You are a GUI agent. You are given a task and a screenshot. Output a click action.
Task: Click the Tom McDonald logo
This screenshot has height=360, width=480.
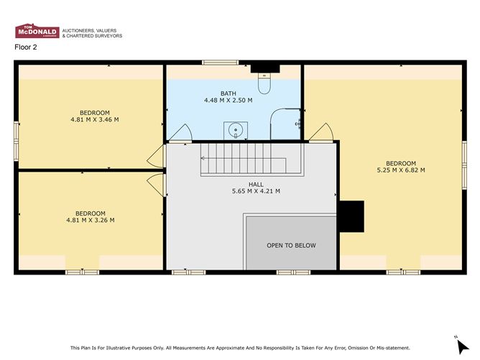click(x=37, y=31)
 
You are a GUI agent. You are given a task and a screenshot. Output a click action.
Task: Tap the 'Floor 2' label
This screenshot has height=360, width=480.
click(x=26, y=47)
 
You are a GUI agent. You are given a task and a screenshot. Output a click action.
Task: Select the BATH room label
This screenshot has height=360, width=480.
click(x=229, y=93)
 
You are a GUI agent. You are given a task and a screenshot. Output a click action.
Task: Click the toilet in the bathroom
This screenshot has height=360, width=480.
click(x=264, y=83)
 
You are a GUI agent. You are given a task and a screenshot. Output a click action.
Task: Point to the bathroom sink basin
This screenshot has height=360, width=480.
click(x=236, y=131)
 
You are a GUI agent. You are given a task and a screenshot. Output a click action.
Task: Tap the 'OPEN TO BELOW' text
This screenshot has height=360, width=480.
click(x=291, y=246)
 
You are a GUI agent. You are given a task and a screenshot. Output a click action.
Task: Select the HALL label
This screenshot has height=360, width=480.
click(x=256, y=184)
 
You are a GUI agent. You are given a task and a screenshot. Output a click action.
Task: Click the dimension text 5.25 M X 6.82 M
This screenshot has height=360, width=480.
click(x=401, y=170)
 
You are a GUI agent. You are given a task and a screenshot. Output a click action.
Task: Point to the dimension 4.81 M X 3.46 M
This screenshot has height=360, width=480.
click(x=95, y=120)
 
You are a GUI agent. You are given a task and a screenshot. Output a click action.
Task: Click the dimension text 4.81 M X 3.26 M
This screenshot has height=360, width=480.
click(x=91, y=220)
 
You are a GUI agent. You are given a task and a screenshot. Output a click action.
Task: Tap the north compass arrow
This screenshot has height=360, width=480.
click(x=463, y=347)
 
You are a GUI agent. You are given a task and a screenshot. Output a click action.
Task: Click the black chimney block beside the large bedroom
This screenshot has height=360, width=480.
click(x=351, y=216)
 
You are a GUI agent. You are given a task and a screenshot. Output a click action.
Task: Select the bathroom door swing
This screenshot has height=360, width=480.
click(x=180, y=133)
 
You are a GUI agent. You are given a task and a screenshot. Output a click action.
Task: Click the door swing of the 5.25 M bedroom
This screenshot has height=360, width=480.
click(x=320, y=133)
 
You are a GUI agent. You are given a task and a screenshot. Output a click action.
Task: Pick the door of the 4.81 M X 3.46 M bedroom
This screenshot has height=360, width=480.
click(x=156, y=156)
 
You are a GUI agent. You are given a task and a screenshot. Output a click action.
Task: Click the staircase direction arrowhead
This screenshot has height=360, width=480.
click(x=203, y=158)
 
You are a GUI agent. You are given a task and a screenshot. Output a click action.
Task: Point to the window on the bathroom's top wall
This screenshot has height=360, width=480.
click(x=220, y=63)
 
